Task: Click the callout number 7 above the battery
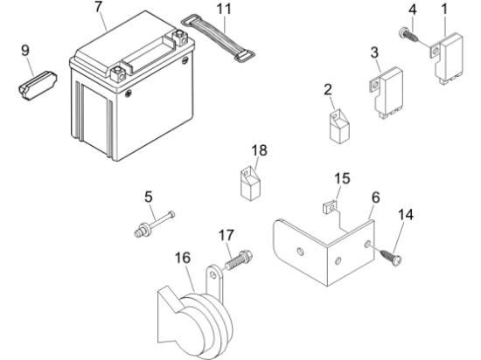(x=98, y=7)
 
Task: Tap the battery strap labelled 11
(x=218, y=38)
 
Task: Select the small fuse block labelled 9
(x=37, y=86)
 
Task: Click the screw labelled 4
(x=408, y=36)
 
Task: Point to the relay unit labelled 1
(x=447, y=59)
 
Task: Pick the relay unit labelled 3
(x=387, y=93)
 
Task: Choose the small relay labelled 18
(x=250, y=183)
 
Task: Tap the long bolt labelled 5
(x=155, y=224)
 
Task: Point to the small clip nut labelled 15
(x=331, y=207)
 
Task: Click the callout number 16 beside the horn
(x=183, y=258)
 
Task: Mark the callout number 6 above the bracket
(x=376, y=198)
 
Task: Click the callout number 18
(x=259, y=150)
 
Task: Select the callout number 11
(x=224, y=9)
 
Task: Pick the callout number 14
(x=406, y=215)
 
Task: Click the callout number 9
(x=25, y=51)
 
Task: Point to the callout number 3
(x=374, y=52)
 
